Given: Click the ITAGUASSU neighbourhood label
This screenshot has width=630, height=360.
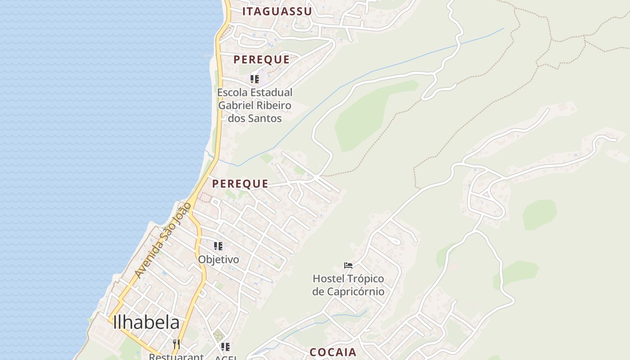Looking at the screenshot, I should tap(277, 12).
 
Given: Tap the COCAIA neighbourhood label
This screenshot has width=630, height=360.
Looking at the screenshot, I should tap(333, 352).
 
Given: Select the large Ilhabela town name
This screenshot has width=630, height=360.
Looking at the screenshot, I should tap(146, 322).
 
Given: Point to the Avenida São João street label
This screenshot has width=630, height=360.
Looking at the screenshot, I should tap(163, 240).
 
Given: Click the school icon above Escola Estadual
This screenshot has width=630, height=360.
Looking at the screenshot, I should tap(255, 79).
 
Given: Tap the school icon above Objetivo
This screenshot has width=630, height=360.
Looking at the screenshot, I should tap(218, 246).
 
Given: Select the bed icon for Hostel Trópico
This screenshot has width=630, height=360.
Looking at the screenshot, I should tap(348, 265).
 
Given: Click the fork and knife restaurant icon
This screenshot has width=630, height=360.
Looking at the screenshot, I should tap(176, 344).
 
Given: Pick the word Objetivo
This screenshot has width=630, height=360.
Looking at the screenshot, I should tap(219, 260).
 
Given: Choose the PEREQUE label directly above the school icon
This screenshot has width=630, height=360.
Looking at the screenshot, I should tap(261, 59).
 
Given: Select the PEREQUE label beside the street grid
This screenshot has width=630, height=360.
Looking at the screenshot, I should tap(240, 184).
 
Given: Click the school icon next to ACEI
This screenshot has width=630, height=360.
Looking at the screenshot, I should tap(225, 346).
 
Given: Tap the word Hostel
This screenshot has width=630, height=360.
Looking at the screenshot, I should tap(327, 279).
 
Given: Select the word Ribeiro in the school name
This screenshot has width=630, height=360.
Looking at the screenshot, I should tap(271, 105).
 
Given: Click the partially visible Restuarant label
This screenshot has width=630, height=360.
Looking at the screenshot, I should tap(176, 356).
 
